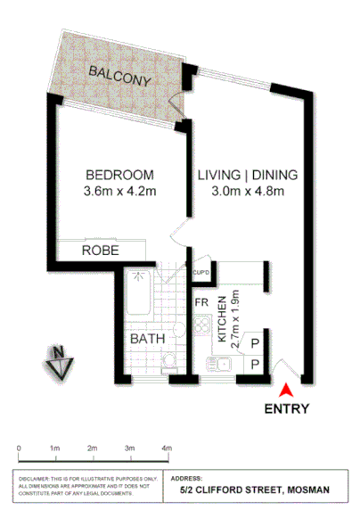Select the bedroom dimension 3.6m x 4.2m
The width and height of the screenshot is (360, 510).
[119, 191]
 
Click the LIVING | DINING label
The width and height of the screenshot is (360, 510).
[247, 175]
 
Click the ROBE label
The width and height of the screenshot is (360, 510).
[98, 251]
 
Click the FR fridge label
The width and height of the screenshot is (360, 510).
[202, 302]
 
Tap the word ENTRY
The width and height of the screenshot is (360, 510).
[287, 410]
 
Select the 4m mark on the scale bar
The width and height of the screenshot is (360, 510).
[167, 448]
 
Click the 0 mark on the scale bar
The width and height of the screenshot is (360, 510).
[19, 448]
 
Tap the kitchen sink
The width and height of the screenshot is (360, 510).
[217, 364]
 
